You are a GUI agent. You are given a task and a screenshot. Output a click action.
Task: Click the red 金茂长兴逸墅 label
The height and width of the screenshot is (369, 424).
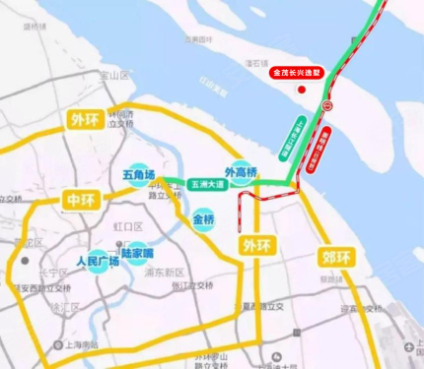tap(302, 72)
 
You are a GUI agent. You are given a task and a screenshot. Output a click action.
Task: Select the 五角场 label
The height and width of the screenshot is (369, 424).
tap(137, 175)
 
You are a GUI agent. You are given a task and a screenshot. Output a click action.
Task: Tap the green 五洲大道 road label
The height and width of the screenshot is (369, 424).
tap(208, 183)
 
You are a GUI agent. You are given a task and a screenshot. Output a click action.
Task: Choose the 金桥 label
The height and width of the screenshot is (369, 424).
tap(203, 218)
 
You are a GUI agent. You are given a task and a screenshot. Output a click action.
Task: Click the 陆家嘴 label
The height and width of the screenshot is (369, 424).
tap(137, 253)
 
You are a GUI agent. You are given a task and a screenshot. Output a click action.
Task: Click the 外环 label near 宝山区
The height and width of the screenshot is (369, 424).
tap(85, 121)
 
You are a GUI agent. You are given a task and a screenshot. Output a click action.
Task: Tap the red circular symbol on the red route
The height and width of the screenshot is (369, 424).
tap(328, 105)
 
